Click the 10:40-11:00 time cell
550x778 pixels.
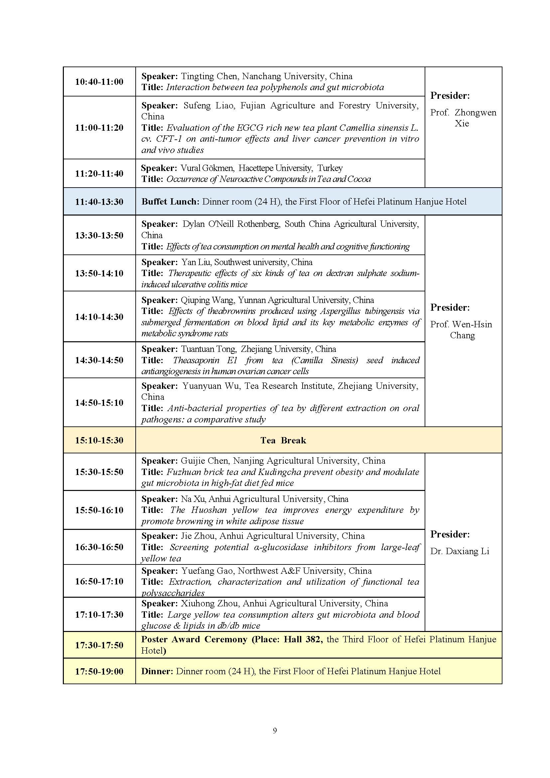[x=99, y=82]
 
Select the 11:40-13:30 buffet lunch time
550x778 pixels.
[x=99, y=202]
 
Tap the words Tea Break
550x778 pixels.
[x=283, y=440]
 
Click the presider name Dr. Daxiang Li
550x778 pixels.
[x=460, y=551]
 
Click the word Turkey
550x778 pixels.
[x=330, y=168]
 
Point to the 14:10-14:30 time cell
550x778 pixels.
[x=99, y=317]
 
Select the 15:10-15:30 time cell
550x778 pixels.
[x=99, y=440]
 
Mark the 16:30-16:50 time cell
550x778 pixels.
[x=99, y=547]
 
